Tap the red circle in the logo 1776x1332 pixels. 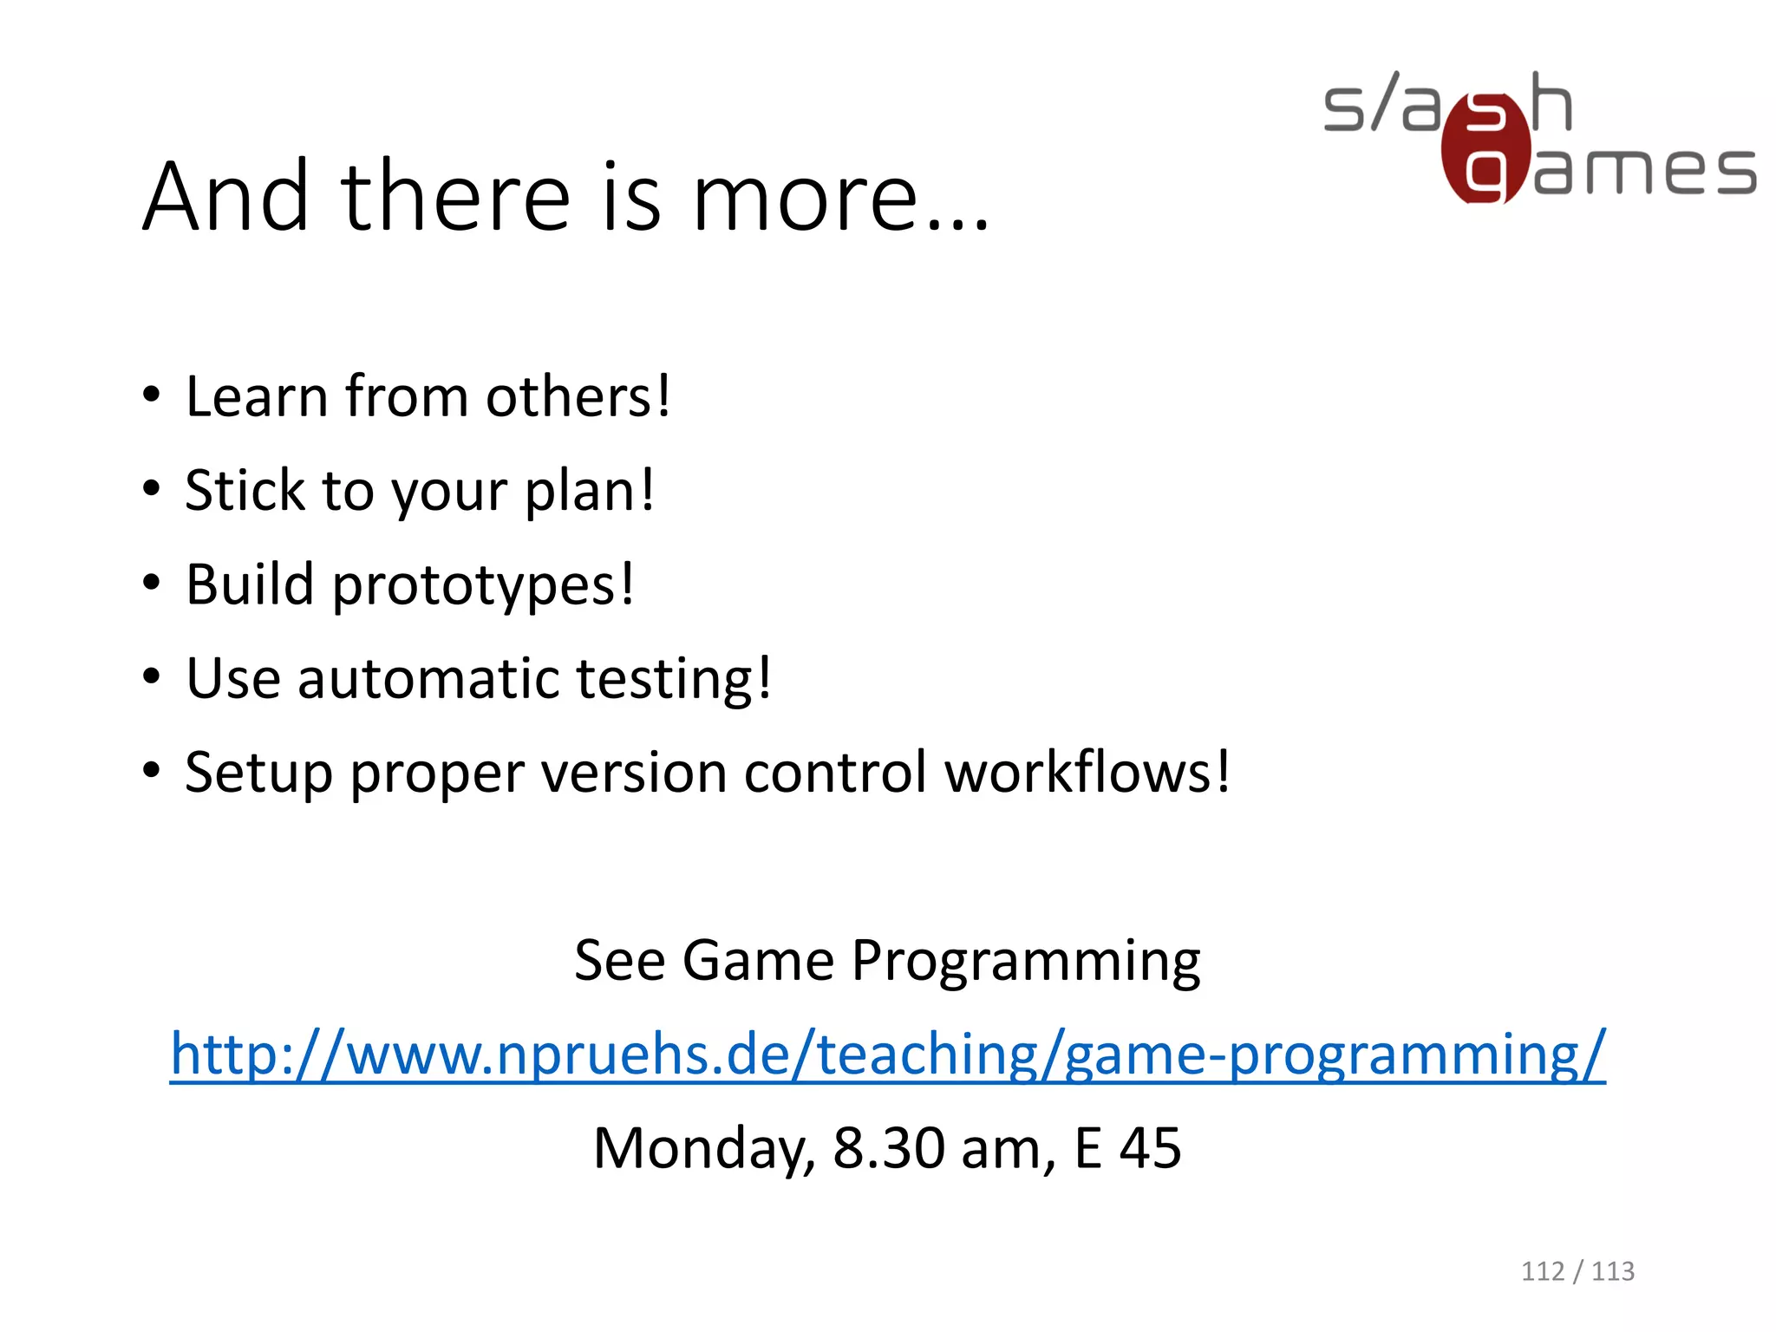(1485, 149)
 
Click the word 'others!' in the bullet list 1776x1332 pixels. (578, 397)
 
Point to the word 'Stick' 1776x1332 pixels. (245, 491)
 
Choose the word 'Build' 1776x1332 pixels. (250, 584)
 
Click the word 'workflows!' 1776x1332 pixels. (1087, 772)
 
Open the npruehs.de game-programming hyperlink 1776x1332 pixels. (887, 1054)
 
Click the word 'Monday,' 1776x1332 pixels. (703, 1150)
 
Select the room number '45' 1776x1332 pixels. (1150, 1148)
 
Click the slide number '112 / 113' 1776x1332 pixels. (1577, 1271)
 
